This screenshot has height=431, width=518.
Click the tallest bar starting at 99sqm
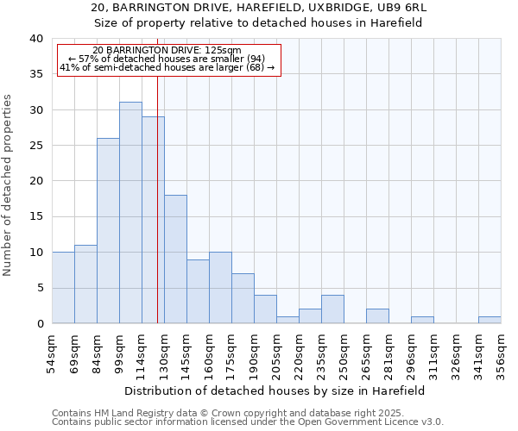click(x=130, y=213)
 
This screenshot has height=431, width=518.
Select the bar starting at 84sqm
click(x=108, y=231)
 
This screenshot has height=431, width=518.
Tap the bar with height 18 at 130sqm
click(x=175, y=259)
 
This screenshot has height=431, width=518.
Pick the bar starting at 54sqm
click(x=63, y=288)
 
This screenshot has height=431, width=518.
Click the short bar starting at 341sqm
click(x=490, y=320)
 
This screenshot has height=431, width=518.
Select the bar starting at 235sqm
click(x=332, y=309)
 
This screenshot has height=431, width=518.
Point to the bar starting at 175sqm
click(x=243, y=298)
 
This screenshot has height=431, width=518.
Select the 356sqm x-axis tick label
click(x=502, y=356)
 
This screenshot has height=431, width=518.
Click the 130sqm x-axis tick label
click(x=165, y=356)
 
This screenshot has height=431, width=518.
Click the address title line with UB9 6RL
click(x=259, y=8)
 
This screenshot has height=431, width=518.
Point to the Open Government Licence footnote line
click(x=248, y=422)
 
